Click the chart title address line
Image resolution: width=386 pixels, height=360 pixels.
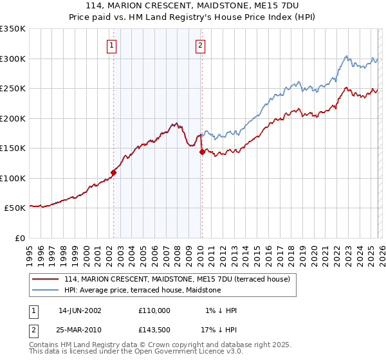pos(192,6)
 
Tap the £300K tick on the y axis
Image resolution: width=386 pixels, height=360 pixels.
pos(13,59)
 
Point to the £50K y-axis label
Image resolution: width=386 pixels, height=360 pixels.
pos(15,208)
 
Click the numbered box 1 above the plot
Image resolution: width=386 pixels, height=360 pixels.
pos(112,45)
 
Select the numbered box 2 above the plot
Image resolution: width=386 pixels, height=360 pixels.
pos(201,45)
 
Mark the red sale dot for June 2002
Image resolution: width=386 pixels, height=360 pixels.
pos(114,172)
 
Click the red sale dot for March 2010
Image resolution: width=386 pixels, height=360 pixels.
pos(202,152)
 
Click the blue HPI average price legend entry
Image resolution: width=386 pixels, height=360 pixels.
pos(142,290)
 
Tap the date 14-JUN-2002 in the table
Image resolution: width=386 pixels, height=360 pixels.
pos(80,310)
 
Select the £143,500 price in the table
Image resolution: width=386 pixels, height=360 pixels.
pos(154,328)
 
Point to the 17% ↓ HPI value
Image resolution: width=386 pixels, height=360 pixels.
pos(219,328)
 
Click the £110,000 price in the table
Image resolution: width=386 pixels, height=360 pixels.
pos(154,310)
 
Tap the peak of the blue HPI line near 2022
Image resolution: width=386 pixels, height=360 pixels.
pos(346,57)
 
